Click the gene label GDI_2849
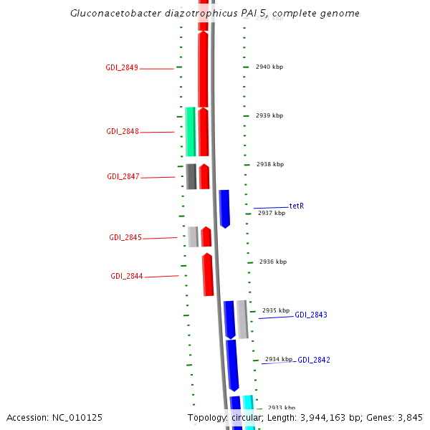tap(122, 68)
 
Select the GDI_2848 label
tap(123, 132)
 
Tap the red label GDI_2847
tap(123, 177)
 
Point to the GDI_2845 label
tap(125, 238)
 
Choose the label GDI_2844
tap(127, 277)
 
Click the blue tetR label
tap(297, 206)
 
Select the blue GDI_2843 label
tap(311, 315)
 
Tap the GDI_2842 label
tap(314, 360)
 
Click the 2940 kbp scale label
tap(269, 67)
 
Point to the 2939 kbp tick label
tap(269, 116)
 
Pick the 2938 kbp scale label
tap(270, 165)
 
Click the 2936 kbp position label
tap(273, 262)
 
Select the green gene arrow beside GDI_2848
tap(190, 131)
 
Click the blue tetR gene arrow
tap(224, 209)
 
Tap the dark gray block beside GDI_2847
tap(191, 176)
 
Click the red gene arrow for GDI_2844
tap(208, 274)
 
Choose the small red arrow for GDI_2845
tap(206, 237)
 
